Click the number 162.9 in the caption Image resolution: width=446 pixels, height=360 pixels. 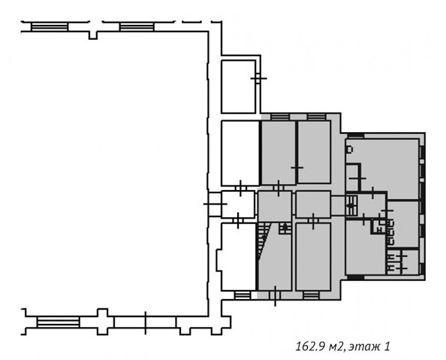311,347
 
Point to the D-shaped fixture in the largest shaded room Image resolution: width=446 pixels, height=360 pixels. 349,150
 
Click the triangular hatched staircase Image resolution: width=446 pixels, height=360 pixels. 262,241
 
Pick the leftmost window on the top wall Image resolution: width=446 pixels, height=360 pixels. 50,27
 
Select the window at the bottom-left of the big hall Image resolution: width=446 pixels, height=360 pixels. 58,322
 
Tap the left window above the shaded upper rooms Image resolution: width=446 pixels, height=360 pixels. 279,116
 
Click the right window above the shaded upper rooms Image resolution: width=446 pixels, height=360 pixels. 316,116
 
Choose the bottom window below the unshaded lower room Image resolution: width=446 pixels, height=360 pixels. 243,295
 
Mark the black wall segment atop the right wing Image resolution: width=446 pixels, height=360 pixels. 355,135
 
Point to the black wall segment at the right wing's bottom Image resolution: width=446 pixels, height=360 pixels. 356,277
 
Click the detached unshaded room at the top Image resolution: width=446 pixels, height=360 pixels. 238,86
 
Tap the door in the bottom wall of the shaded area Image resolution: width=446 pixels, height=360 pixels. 275,295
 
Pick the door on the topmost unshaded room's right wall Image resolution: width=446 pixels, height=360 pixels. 258,78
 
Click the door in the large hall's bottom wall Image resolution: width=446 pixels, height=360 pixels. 146,322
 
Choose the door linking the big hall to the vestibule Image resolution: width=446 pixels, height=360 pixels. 215,204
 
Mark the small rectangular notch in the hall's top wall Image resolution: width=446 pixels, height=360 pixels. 93,35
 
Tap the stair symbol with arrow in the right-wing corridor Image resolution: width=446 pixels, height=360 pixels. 351,206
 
